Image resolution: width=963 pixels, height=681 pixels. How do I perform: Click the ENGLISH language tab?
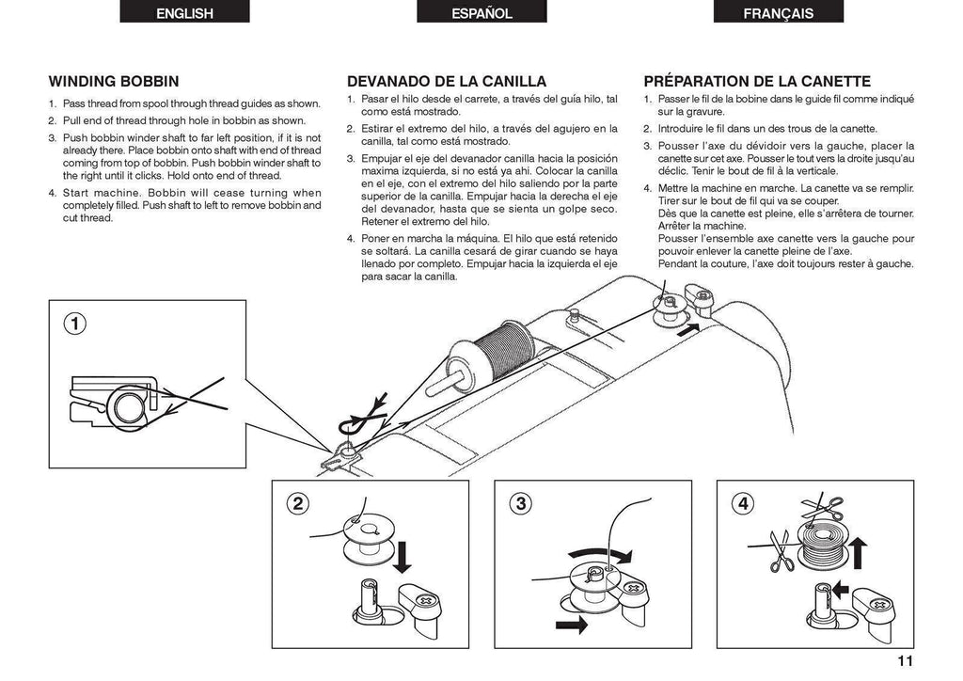coord(184,13)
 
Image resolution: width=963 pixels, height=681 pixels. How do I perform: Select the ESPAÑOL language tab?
coord(481,13)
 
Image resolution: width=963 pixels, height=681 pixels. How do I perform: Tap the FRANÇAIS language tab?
coord(778,13)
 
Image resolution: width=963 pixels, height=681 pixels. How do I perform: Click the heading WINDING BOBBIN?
coord(114,82)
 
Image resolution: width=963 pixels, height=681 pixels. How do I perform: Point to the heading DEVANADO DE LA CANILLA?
coord(447,82)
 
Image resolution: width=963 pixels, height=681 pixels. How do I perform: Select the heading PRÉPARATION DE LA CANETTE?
coord(757,82)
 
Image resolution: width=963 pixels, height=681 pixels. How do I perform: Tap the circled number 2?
coord(298,503)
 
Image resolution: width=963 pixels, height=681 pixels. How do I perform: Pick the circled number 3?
coord(520,503)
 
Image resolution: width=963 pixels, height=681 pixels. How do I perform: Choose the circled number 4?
coord(743,503)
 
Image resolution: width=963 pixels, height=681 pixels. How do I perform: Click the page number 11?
coord(904,660)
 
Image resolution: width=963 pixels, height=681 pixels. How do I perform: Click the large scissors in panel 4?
coord(780,553)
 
